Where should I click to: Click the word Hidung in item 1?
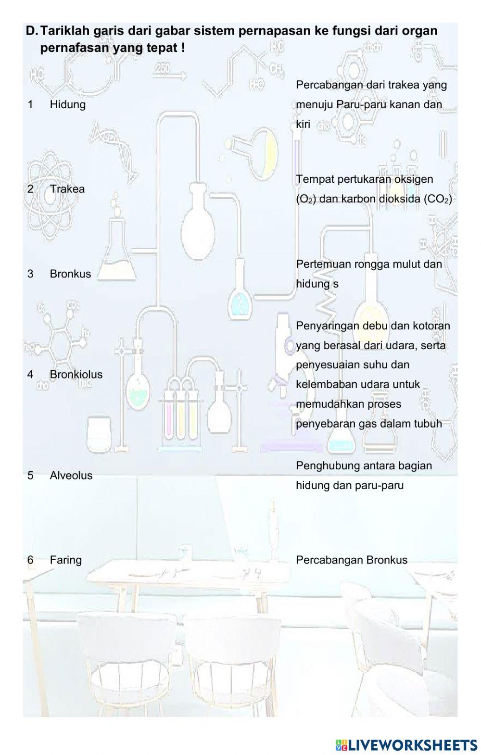(67, 104)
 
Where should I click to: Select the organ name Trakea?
(67, 189)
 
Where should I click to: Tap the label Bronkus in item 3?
(70, 274)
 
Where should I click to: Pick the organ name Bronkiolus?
(76, 374)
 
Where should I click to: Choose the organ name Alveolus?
(71, 475)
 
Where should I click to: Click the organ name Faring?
(65, 560)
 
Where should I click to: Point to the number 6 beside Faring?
(30, 560)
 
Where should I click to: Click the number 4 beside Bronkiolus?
(30, 374)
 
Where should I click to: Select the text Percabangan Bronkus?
(351, 560)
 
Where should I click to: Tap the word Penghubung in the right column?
(321, 466)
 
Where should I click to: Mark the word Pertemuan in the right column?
(318, 264)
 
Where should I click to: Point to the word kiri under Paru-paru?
(303, 124)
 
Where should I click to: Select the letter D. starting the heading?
(32, 31)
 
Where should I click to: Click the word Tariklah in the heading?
(60, 31)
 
